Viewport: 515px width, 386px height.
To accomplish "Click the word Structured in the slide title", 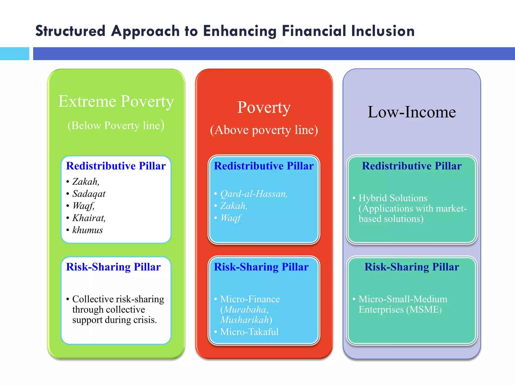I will click(70, 31).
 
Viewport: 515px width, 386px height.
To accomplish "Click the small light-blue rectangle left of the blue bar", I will click(14, 54).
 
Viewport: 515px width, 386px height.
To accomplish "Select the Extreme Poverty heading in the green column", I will click(116, 101).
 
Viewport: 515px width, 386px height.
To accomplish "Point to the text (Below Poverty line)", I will click(116, 125).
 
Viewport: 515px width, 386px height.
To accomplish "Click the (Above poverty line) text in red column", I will click(264, 130).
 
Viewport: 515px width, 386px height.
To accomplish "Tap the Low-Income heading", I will click(412, 112).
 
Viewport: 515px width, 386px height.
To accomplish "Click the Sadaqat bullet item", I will click(89, 194).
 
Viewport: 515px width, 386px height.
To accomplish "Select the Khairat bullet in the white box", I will click(89, 218).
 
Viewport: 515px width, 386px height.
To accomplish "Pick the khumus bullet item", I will click(88, 230).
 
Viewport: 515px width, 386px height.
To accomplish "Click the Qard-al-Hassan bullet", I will click(254, 194).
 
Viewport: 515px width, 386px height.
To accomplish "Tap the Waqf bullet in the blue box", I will click(231, 218).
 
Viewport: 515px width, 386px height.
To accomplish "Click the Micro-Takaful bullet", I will click(249, 332).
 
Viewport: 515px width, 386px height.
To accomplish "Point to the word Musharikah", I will click(244, 320).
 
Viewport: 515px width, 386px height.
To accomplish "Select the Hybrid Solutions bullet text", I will click(393, 198).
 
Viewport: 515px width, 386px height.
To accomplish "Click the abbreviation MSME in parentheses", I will click(424, 310).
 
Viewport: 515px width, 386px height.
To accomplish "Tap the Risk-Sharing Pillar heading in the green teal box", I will click(412, 267).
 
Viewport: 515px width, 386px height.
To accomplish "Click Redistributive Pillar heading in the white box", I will click(116, 166).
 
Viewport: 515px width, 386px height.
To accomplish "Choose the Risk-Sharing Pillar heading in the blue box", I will click(261, 267).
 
